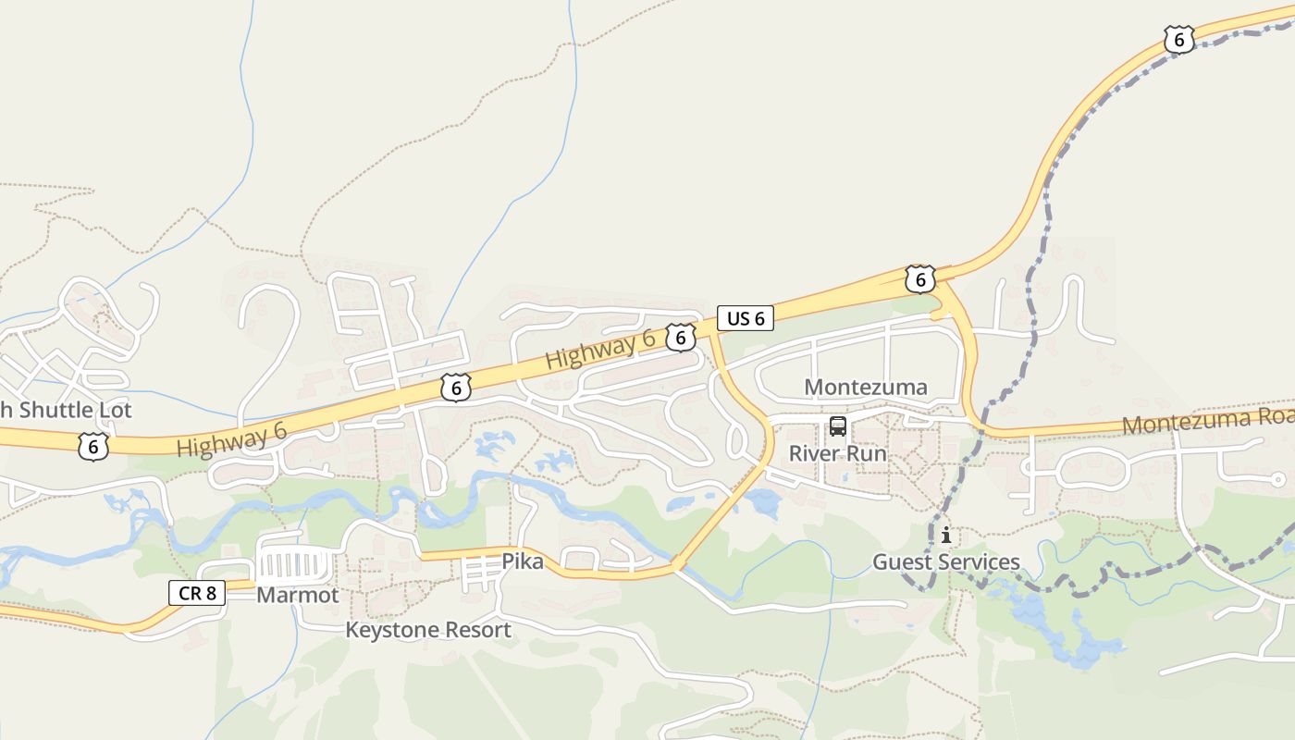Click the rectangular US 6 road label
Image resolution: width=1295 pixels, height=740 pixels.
(x=746, y=319)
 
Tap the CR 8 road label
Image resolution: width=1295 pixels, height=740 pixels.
(x=197, y=593)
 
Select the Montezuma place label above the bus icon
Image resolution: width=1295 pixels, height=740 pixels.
(x=865, y=387)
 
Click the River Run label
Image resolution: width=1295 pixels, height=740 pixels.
(x=837, y=454)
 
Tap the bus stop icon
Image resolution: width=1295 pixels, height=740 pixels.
(x=837, y=426)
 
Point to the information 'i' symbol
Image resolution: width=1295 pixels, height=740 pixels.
(x=945, y=536)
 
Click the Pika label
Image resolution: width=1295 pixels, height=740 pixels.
(x=523, y=561)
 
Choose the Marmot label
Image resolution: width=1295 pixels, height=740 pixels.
(x=298, y=596)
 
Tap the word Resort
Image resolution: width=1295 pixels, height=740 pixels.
(x=478, y=631)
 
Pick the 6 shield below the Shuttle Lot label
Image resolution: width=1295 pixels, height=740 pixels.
(x=93, y=447)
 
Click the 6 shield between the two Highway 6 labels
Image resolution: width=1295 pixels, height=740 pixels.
(x=456, y=387)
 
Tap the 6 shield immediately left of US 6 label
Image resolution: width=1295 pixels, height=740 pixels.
(x=680, y=338)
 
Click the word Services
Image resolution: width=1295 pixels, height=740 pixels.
(x=980, y=562)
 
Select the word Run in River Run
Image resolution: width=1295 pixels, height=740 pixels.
(x=868, y=454)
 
